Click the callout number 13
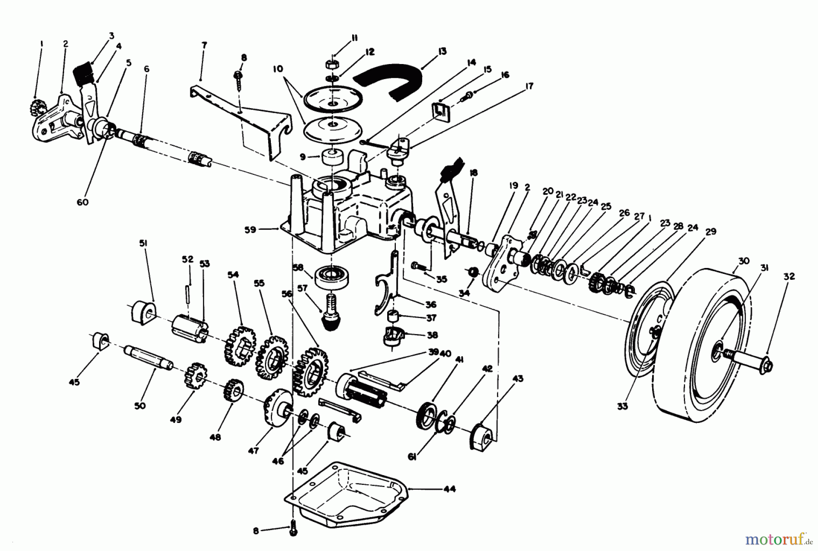(x=442, y=51)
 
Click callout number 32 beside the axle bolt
(x=789, y=276)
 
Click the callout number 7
(x=204, y=45)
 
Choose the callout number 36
(x=430, y=304)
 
